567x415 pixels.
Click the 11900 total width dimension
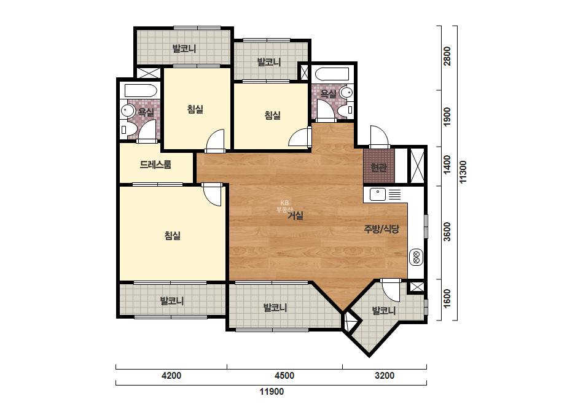(x=272, y=392)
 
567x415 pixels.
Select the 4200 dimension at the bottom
(x=171, y=376)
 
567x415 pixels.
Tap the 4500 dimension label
(x=284, y=376)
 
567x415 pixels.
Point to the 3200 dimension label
(x=385, y=376)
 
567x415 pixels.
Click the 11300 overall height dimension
(x=463, y=172)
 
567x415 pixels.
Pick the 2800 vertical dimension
(x=447, y=56)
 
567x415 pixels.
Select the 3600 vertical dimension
(x=447, y=231)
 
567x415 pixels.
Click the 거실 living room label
(x=295, y=216)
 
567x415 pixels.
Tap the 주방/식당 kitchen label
(x=381, y=229)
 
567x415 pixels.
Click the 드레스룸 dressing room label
(x=155, y=165)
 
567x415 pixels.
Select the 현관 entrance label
(x=379, y=168)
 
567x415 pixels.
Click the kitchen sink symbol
(x=378, y=195)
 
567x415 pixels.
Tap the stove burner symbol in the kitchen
(x=416, y=256)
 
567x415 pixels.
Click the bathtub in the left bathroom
(x=141, y=90)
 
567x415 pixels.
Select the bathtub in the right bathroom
(x=332, y=74)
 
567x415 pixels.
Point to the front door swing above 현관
(x=379, y=137)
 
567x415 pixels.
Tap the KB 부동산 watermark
(x=284, y=206)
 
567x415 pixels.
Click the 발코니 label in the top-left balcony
(x=184, y=48)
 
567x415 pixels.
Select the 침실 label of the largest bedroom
(x=173, y=236)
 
